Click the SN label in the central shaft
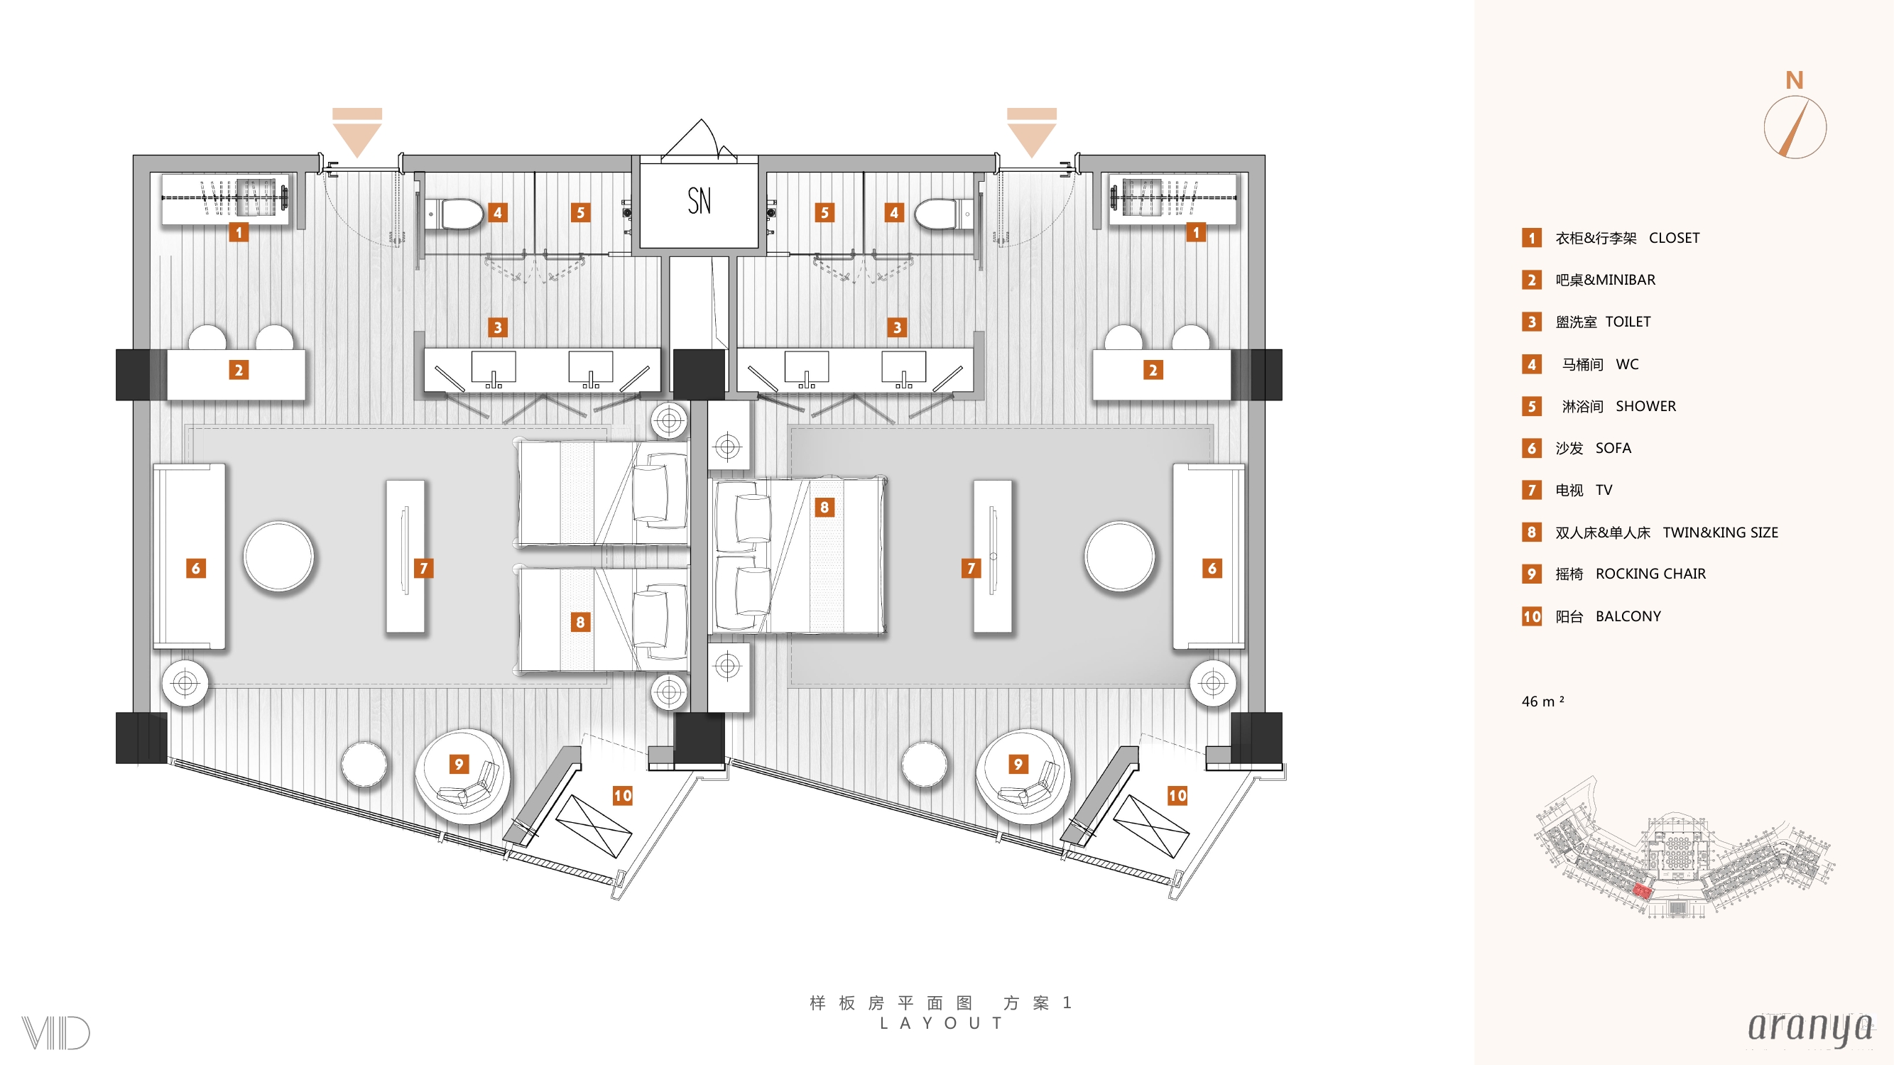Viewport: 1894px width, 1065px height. [700, 201]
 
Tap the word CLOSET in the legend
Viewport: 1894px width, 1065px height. [1674, 238]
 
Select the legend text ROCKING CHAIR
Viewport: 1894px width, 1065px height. [1650, 574]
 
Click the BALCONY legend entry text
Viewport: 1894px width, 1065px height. [1628, 617]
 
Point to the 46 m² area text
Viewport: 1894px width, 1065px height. [1542, 701]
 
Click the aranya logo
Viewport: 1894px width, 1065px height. [1810, 1028]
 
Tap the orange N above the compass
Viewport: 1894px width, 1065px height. [1795, 80]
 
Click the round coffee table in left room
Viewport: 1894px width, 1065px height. [278, 557]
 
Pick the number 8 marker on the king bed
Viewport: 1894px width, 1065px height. [824, 507]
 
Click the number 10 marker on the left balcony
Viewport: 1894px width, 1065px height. [623, 795]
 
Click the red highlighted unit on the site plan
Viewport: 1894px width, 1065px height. [1642, 892]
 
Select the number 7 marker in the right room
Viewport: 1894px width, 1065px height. [972, 568]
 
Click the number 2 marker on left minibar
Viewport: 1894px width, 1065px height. [238, 370]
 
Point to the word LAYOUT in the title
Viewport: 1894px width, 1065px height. [941, 1023]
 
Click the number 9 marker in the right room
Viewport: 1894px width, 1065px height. [1018, 765]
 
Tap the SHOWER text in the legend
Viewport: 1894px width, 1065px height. [1645, 406]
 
